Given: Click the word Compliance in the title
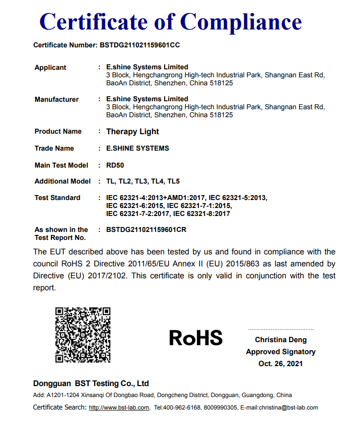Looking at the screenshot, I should [241, 22].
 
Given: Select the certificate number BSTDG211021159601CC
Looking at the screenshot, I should [140, 45].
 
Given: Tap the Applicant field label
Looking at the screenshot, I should [50, 67].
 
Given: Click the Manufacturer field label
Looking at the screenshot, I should [56, 99].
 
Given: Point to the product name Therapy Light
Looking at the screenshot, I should [133, 132].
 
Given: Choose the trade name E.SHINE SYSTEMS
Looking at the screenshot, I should [138, 148].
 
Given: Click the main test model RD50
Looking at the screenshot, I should [115, 165].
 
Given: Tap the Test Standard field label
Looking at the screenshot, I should [57, 198].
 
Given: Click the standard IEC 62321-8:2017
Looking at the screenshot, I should [201, 213].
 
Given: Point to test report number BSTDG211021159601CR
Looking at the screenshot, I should [146, 229].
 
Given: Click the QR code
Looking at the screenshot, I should [83, 335].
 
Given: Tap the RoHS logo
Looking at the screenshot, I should [195, 338].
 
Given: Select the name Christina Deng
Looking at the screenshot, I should [281, 340].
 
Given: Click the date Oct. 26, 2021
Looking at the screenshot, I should [281, 364].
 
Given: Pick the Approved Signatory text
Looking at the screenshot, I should [281, 352].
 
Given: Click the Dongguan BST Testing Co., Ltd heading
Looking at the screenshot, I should [91, 384].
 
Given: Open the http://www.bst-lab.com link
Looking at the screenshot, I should [119, 408].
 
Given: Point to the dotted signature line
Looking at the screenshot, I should [281, 330].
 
